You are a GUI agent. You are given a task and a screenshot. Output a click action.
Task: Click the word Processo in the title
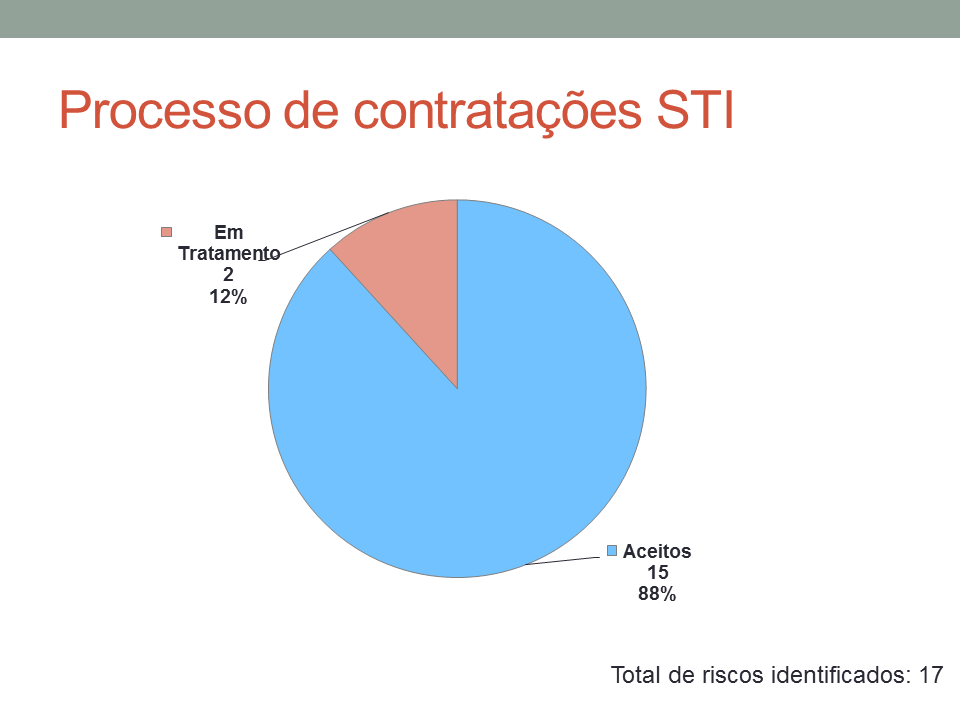(165, 111)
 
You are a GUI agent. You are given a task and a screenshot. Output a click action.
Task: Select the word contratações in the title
(498, 112)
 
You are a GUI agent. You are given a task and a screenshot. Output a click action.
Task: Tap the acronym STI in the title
(695, 110)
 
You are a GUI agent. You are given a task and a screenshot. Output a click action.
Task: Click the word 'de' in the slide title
(311, 110)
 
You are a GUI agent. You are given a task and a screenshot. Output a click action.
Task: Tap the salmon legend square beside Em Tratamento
(167, 232)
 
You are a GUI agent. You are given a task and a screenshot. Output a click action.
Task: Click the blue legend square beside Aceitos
(612, 550)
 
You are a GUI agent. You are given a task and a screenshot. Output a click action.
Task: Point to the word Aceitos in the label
(657, 551)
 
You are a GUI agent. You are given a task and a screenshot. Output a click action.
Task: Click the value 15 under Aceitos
(658, 572)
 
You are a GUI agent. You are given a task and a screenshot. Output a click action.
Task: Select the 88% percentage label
(657, 594)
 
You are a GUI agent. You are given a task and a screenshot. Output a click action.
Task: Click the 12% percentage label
(228, 297)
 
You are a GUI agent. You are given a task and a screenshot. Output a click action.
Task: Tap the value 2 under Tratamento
(228, 275)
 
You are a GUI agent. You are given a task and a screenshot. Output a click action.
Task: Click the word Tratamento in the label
(229, 253)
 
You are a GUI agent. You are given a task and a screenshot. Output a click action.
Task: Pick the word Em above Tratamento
(229, 233)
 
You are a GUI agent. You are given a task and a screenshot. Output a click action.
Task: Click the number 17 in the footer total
(931, 675)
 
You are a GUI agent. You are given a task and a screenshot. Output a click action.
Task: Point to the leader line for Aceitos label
(562, 561)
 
